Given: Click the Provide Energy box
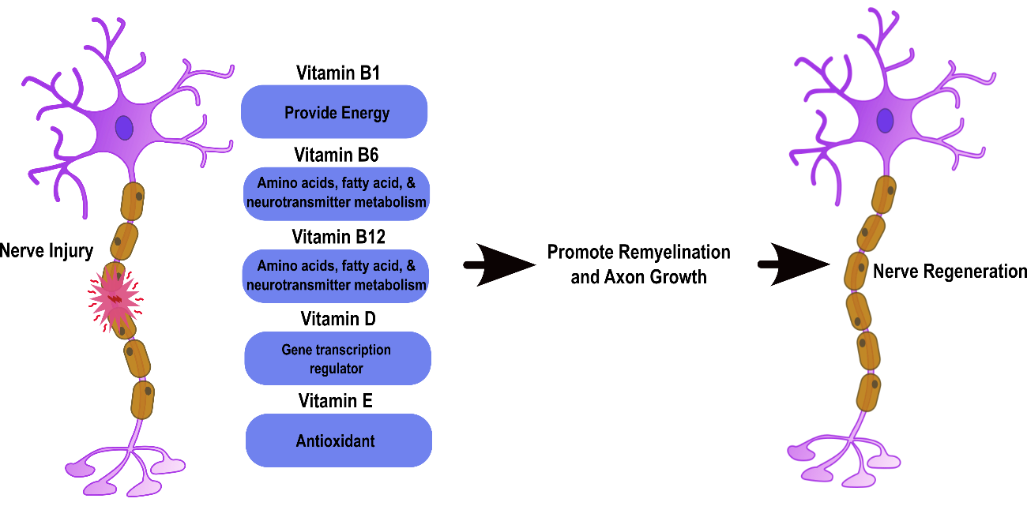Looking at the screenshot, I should [334, 112].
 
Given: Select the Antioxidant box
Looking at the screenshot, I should [339, 440].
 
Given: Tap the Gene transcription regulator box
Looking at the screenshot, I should [337, 358].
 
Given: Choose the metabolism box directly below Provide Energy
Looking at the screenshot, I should [336, 193].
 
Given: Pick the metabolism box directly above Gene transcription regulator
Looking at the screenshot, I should [336, 275].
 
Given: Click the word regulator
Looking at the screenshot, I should [337, 369].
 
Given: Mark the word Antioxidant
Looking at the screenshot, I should [335, 441].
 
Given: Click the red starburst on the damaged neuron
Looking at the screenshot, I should [115, 299].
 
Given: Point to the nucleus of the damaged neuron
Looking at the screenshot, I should [124, 128].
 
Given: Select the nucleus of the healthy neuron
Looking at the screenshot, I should [885, 121].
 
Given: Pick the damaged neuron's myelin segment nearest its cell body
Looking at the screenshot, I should [132, 202].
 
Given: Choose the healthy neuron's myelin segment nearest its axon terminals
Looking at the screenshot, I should [868, 392].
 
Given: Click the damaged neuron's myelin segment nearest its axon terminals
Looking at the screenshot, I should [142, 399].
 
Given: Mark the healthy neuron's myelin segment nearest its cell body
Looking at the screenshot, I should [884, 194].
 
